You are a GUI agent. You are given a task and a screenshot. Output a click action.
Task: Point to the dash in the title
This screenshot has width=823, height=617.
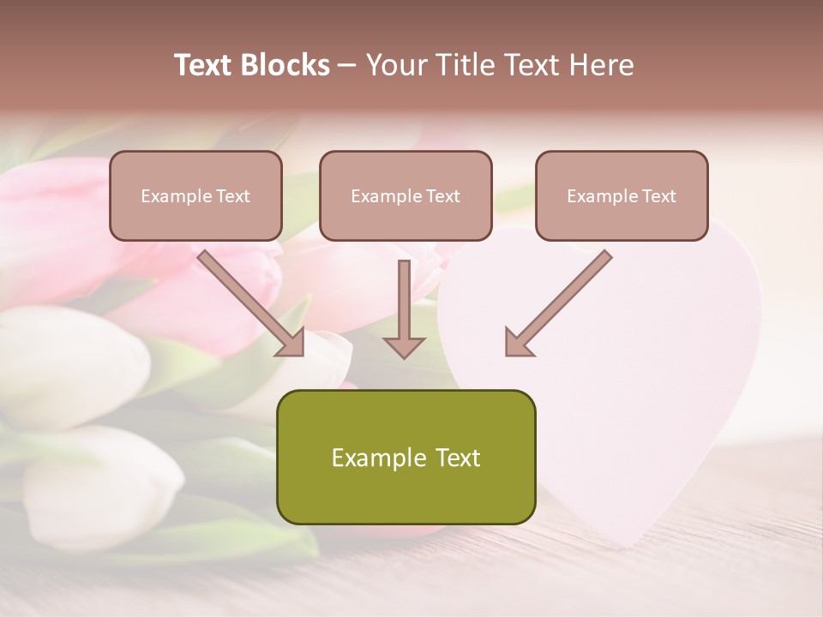(x=347, y=65)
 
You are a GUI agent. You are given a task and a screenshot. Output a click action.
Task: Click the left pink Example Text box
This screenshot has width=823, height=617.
(x=195, y=195)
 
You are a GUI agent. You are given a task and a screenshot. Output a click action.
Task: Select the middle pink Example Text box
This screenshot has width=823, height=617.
(x=405, y=195)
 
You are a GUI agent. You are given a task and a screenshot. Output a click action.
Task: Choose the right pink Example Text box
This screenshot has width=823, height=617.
(x=622, y=195)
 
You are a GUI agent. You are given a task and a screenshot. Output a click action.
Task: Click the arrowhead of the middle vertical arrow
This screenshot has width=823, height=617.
(x=404, y=346)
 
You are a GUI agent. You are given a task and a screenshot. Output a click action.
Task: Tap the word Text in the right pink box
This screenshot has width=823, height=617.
(x=658, y=196)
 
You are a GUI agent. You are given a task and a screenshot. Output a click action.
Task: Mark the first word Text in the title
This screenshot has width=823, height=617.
(x=206, y=65)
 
